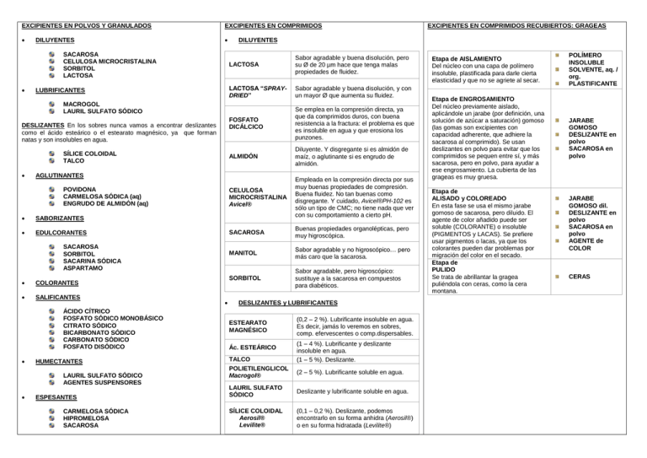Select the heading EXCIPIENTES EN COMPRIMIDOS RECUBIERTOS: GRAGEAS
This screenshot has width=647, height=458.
tap(528, 26)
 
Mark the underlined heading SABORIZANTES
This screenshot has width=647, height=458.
tap(65, 218)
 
